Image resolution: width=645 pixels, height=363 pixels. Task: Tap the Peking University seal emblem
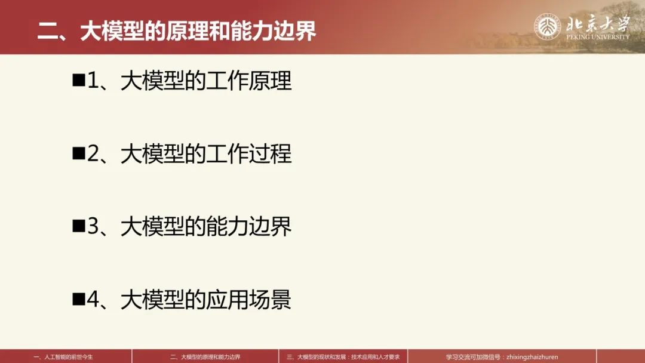pyautogui.click(x=548, y=27)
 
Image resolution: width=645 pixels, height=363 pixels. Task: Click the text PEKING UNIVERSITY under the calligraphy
pyautogui.click(x=597, y=37)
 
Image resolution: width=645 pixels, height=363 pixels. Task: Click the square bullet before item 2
pyautogui.click(x=78, y=153)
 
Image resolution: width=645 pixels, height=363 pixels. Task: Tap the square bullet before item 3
pyautogui.click(x=78, y=226)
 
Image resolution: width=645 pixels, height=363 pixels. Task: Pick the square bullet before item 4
pyautogui.click(x=78, y=299)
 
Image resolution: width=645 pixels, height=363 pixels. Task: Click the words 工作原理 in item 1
pyautogui.click(x=249, y=81)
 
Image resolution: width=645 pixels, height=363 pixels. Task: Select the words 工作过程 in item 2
pyautogui.click(x=249, y=154)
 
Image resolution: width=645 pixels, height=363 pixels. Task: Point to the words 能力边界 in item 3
pyautogui.click(x=249, y=226)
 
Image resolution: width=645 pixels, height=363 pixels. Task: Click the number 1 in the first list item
pyautogui.click(x=93, y=81)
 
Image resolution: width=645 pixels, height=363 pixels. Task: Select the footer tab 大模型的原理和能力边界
pyautogui.click(x=205, y=357)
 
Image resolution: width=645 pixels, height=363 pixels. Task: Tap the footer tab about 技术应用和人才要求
pyautogui.click(x=343, y=357)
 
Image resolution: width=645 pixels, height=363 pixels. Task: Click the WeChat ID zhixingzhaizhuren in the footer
pyautogui.click(x=532, y=357)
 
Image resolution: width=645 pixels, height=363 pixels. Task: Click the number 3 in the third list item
pyautogui.click(x=93, y=226)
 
